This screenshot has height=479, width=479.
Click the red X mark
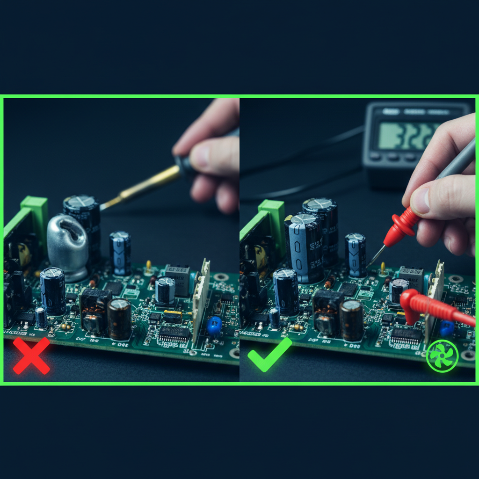(x=31, y=356)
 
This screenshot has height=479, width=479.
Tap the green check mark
(x=269, y=355)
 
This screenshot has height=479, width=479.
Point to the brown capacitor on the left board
(x=119, y=319)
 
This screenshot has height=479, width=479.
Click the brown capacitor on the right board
(x=351, y=320)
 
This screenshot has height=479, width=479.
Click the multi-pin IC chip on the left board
(x=174, y=333)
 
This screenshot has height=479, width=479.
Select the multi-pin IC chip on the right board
(x=406, y=335)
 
